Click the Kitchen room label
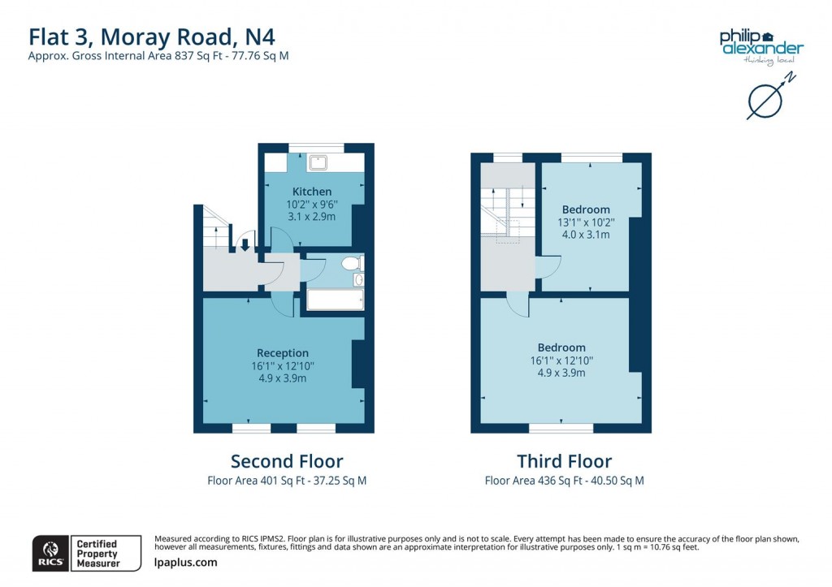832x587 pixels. click(x=312, y=192)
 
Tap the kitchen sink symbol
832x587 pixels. click(x=317, y=162)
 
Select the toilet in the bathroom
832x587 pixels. click(x=352, y=263)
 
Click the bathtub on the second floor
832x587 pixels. click(x=332, y=300)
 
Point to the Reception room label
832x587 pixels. click(x=283, y=352)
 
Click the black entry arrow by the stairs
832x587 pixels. click(x=245, y=244)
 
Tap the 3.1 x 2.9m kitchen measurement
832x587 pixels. click(x=312, y=217)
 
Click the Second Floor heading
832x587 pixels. click(x=287, y=461)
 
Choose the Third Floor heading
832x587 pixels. click(x=564, y=461)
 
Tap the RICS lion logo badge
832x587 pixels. click(x=49, y=553)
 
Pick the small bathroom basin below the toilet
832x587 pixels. click(x=358, y=280)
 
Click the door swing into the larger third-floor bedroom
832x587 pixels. click(x=517, y=304)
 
